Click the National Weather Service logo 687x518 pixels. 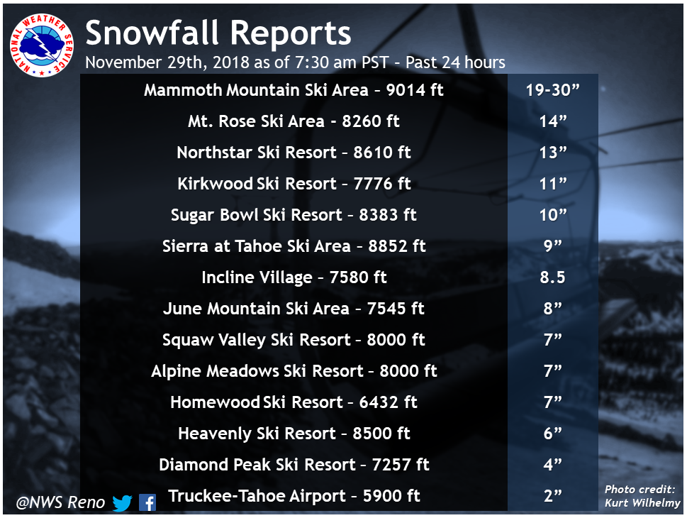tap(42, 45)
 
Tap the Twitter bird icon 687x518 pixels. tap(122, 502)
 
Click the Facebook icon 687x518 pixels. tap(147, 502)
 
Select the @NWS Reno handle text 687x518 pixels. tap(60, 502)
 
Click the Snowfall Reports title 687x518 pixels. tap(218, 33)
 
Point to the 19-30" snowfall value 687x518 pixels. tap(552, 90)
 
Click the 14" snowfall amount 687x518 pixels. tap(553, 121)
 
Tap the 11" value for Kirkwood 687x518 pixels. tap(553, 184)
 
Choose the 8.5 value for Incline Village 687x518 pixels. tap(552, 277)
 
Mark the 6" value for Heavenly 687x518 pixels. tap(552, 434)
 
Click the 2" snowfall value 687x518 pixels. tap(552, 496)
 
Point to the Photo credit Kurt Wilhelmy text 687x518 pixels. tap(642, 496)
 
